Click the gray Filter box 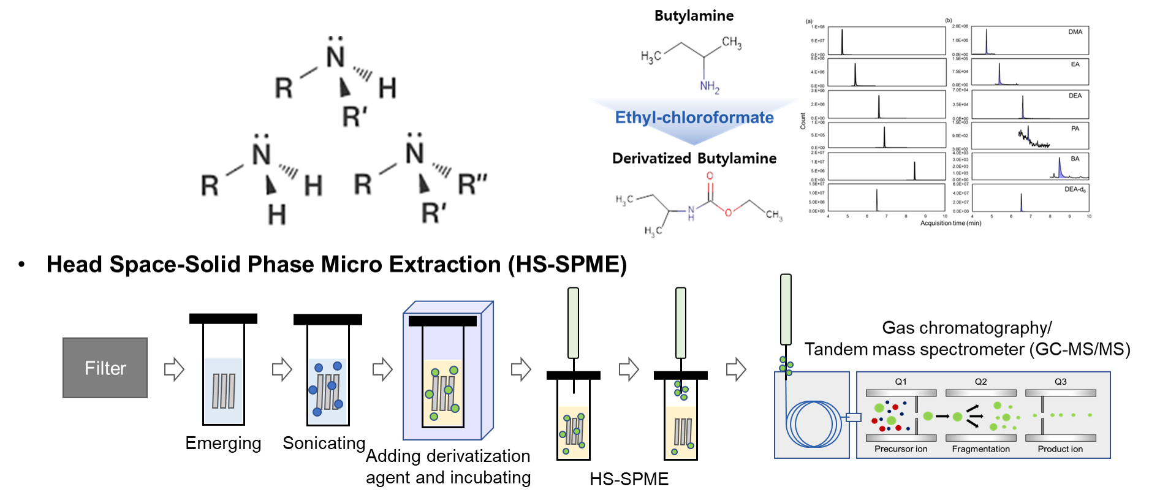[105, 368]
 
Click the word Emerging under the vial [223, 443]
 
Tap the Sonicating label [324, 443]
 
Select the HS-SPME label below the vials [629, 479]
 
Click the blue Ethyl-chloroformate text [694, 117]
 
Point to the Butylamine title [694, 16]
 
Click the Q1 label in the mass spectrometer [900, 382]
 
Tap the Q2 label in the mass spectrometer [980, 382]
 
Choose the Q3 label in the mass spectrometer [1060, 382]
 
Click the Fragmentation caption [980, 449]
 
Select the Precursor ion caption [900, 449]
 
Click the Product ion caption [1060, 449]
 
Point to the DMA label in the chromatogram [1075, 32]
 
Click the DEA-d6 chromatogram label [1075, 189]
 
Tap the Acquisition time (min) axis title [950, 223]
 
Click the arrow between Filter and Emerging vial [174, 369]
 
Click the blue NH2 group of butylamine [709, 86]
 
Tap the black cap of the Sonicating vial [327, 319]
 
